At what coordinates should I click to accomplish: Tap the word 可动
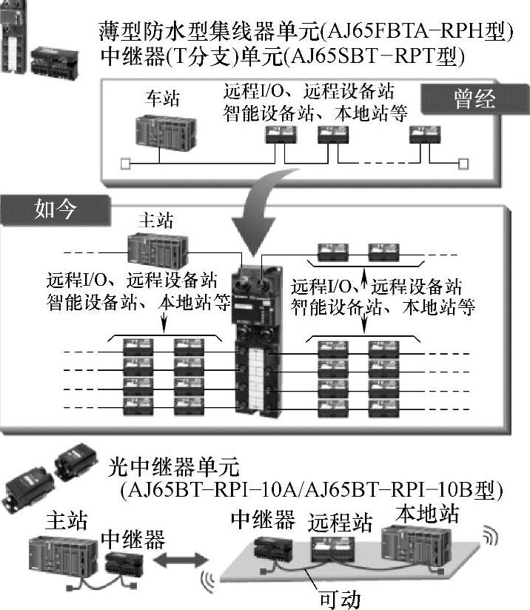pyautogui.click(x=339, y=597)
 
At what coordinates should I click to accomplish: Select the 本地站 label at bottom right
pyautogui.click(x=427, y=513)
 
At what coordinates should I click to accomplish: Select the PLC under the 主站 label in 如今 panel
pyautogui.click(x=154, y=249)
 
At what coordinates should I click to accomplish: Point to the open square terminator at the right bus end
pyautogui.click(x=463, y=162)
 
